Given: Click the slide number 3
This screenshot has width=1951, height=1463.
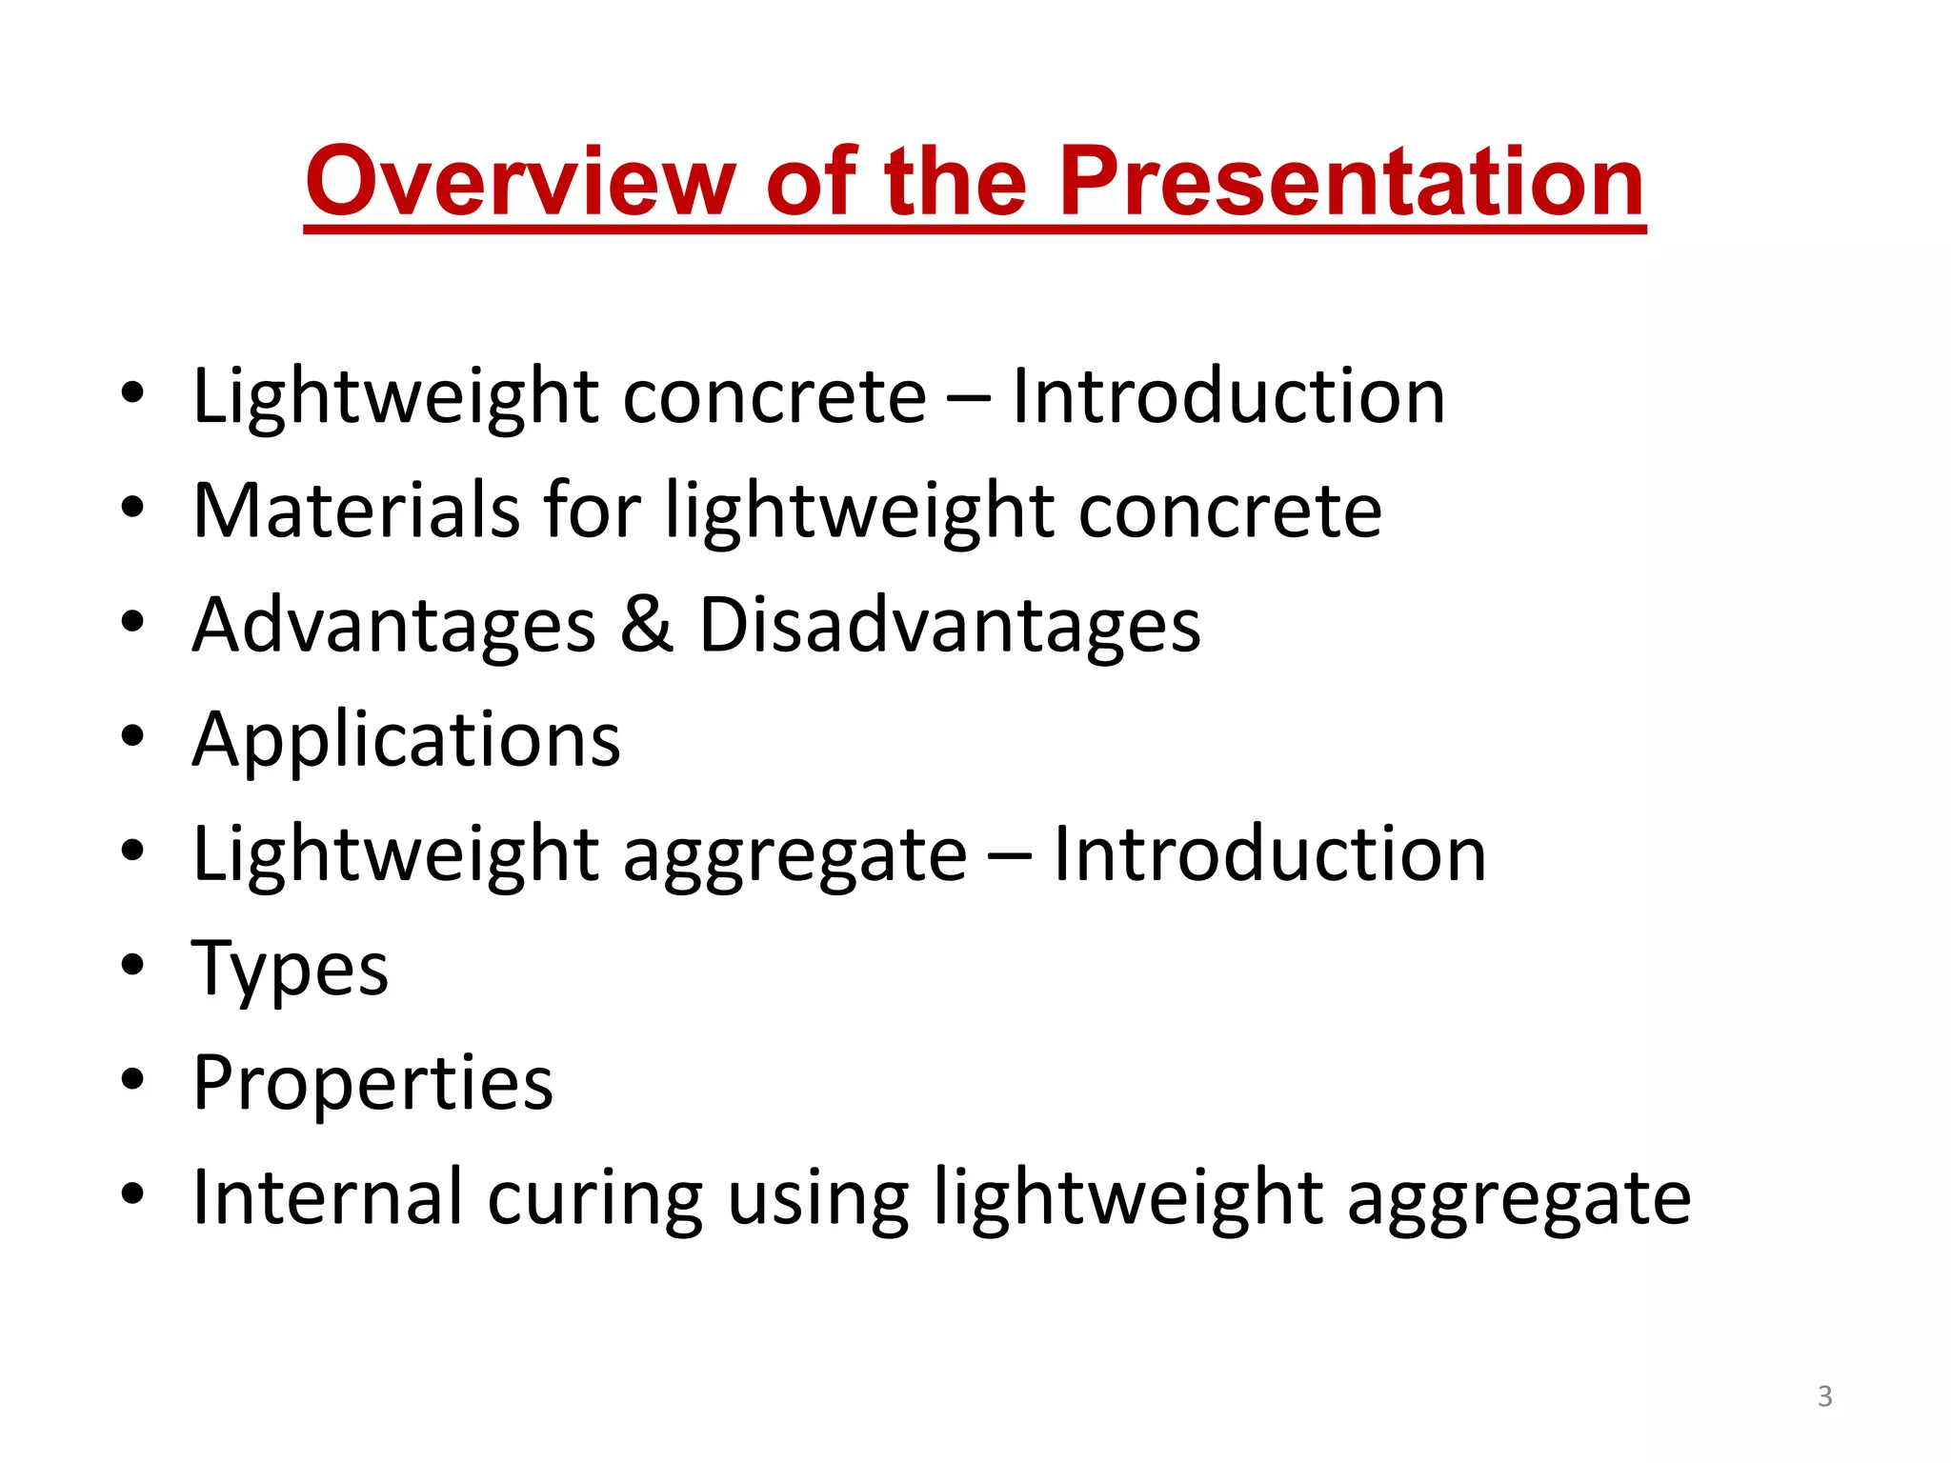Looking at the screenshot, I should [x=1824, y=1396].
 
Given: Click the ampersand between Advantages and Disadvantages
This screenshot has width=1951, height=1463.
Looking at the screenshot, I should [x=647, y=625].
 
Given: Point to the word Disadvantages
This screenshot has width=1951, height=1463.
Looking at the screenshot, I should [x=950, y=627].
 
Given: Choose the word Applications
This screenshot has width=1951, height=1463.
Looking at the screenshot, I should [x=407, y=741].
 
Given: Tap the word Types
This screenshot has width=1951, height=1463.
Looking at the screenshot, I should [x=291, y=970].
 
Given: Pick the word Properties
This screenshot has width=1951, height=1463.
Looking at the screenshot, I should [x=372, y=1084].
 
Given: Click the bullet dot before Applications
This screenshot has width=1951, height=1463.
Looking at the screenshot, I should [x=132, y=735].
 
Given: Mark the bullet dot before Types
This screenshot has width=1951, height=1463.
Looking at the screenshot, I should [x=132, y=964].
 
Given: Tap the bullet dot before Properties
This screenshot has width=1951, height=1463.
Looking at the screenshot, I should [x=132, y=1078].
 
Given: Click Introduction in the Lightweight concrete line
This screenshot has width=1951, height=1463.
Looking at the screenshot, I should [x=1228, y=396].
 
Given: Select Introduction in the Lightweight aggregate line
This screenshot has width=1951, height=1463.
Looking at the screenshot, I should [x=1269, y=854].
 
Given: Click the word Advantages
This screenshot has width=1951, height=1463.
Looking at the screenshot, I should [x=393, y=627].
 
